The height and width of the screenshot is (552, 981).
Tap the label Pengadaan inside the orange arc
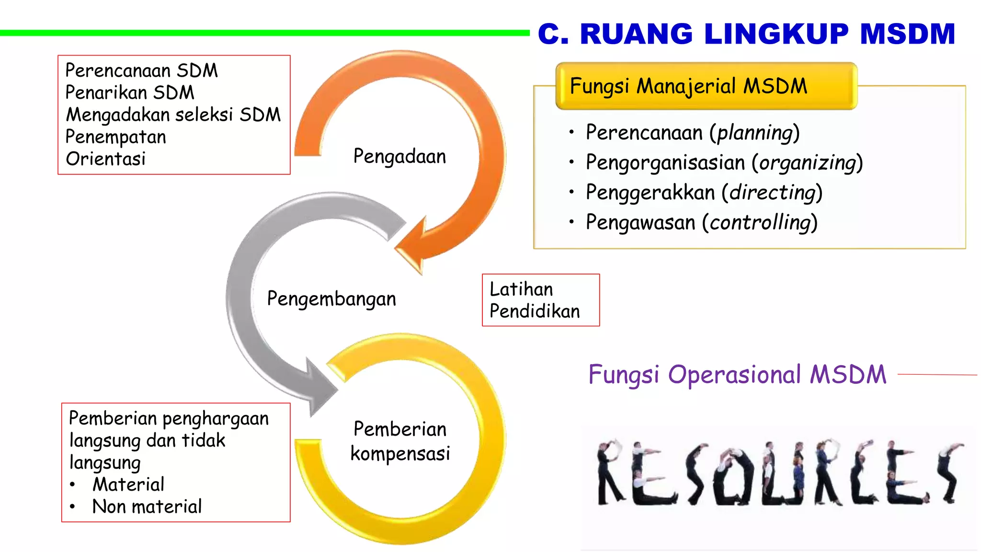pos(399,157)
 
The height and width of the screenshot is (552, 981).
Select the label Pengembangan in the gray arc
pos(331,299)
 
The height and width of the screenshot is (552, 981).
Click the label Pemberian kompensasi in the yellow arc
pos(400,441)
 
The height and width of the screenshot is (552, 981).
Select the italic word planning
pos(755,133)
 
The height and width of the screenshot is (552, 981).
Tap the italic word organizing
pos(808,163)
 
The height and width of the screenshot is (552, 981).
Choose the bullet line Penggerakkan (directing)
pos(704,193)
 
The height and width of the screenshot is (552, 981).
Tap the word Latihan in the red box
pos(521,289)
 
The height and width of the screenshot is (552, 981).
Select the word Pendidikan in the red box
pos(535,311)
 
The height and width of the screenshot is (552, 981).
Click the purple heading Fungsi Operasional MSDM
pos(737,375)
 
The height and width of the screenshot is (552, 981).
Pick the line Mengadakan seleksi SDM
pos(173,115)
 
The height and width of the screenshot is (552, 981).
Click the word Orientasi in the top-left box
pos(105,159)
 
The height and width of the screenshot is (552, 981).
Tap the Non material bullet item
pos(147,506)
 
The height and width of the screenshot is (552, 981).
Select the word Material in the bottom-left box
pos(128,484)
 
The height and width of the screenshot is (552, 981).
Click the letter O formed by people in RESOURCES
pos(733,477)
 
